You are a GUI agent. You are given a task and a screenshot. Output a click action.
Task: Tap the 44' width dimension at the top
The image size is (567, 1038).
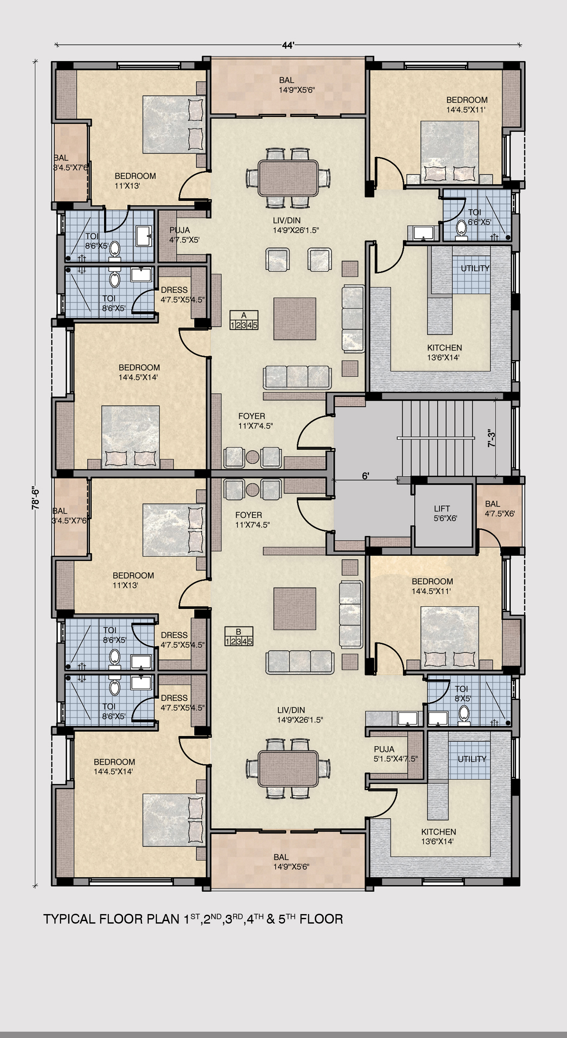pyautogui.click(x=288, y=46)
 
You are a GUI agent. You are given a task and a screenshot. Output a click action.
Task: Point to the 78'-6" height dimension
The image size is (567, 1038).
pyautogui.click(x=35, y=498)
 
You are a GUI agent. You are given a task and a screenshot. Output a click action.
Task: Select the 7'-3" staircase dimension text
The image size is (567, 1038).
pyautogui.click(x=492, y=438)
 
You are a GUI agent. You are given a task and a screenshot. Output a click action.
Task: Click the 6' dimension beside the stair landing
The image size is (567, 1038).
pyautogui.click(x=365, y=476)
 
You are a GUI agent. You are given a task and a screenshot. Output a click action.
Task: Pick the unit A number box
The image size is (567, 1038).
pyautogui.click(x=244, y=321)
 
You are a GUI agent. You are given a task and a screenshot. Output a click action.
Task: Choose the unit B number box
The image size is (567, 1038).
pyautogui.click(x=239, y=636)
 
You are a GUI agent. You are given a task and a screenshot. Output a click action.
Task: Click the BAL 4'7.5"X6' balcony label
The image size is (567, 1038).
pyautogui.click(x=500, y=509)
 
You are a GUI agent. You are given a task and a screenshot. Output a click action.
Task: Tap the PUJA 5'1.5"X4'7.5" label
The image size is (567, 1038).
pyautogui.click(x=395, y=754)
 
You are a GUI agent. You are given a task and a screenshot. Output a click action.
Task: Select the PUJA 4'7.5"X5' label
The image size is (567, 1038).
pyautogui.click(x=184, y=235)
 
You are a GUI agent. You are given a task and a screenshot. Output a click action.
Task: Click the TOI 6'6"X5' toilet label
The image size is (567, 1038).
pyautogui.click(x=479, y=217)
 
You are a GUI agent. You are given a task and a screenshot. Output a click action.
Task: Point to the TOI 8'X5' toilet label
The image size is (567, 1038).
pyautogui.click(x=463, y=693)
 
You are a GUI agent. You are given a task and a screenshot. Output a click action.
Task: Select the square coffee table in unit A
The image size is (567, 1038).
pyautogui.click(x=295, y=319)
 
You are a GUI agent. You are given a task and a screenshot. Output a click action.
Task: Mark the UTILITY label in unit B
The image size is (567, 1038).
pyautogui.click(x=472, y=759)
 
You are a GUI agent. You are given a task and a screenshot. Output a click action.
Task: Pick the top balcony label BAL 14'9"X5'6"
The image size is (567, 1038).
pyautogui.click(x=296, y=85)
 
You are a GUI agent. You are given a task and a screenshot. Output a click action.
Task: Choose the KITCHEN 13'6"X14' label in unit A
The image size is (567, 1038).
pyautogui.click(x=445, y=352)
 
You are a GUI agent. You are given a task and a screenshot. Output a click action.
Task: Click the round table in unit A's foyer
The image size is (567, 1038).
pyautogui.click(x=252, y=457)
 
